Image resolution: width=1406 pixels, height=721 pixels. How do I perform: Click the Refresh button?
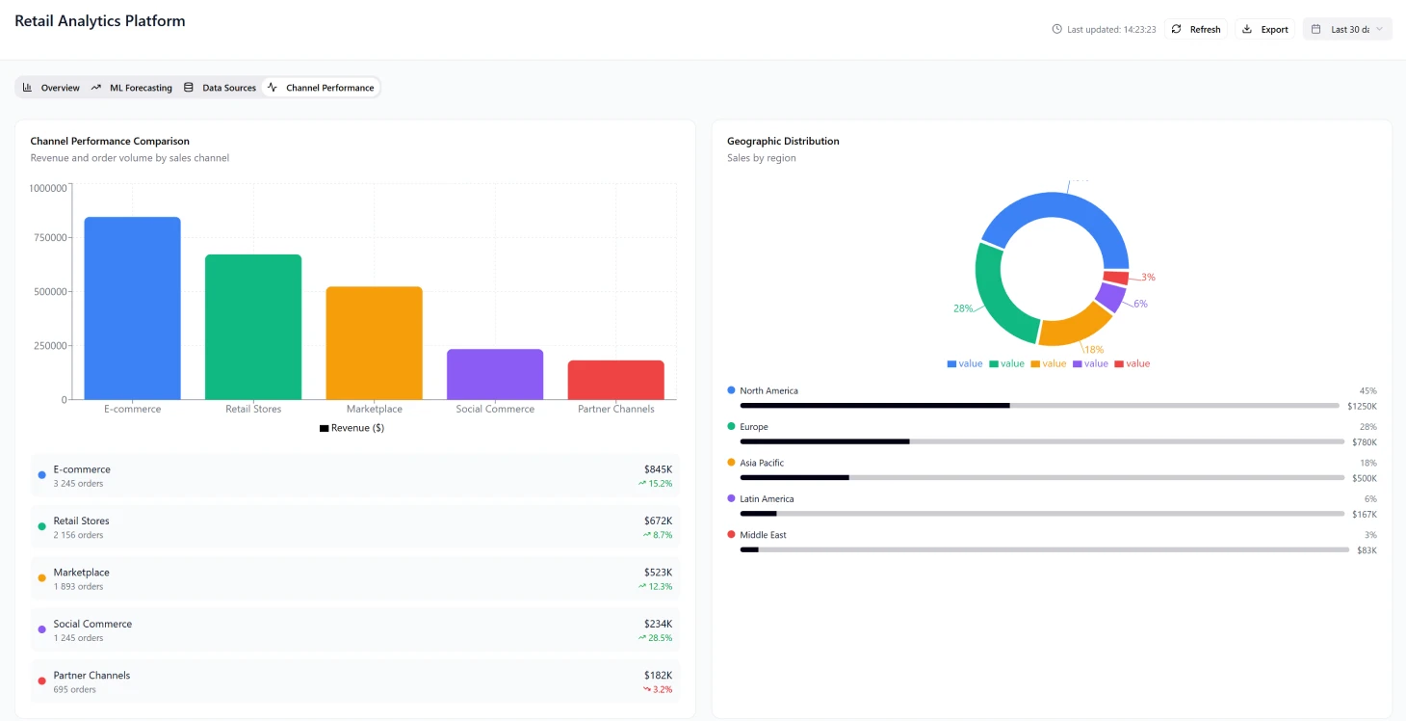(x=1195, y=29)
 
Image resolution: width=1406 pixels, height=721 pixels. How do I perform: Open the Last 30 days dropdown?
(x=1347, y=29)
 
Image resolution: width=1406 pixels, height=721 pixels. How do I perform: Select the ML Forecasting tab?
(x=132, y=88)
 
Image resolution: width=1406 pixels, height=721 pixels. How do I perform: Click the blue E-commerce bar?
(x=132, y=308)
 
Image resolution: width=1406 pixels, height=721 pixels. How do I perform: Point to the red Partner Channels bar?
(x=615, y=380)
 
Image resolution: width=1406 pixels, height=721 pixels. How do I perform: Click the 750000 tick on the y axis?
(x=48, y=238)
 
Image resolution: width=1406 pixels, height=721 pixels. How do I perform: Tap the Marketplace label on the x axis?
(x=374, y=409)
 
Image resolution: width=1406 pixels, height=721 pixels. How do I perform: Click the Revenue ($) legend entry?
(x=351, y=428)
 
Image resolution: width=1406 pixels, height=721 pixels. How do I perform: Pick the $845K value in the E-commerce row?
(x=658, y=469)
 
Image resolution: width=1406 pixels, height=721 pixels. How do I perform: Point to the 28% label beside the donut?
(x=963, y=308)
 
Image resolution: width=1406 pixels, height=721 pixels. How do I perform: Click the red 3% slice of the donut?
(x=1115, y=278)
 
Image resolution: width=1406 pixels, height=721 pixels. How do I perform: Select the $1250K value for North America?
(x=1362, y=406)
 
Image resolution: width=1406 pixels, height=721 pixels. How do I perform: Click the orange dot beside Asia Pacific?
(x=731, y=463)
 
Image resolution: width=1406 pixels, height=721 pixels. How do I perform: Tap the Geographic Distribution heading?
(x=783, y=141)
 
